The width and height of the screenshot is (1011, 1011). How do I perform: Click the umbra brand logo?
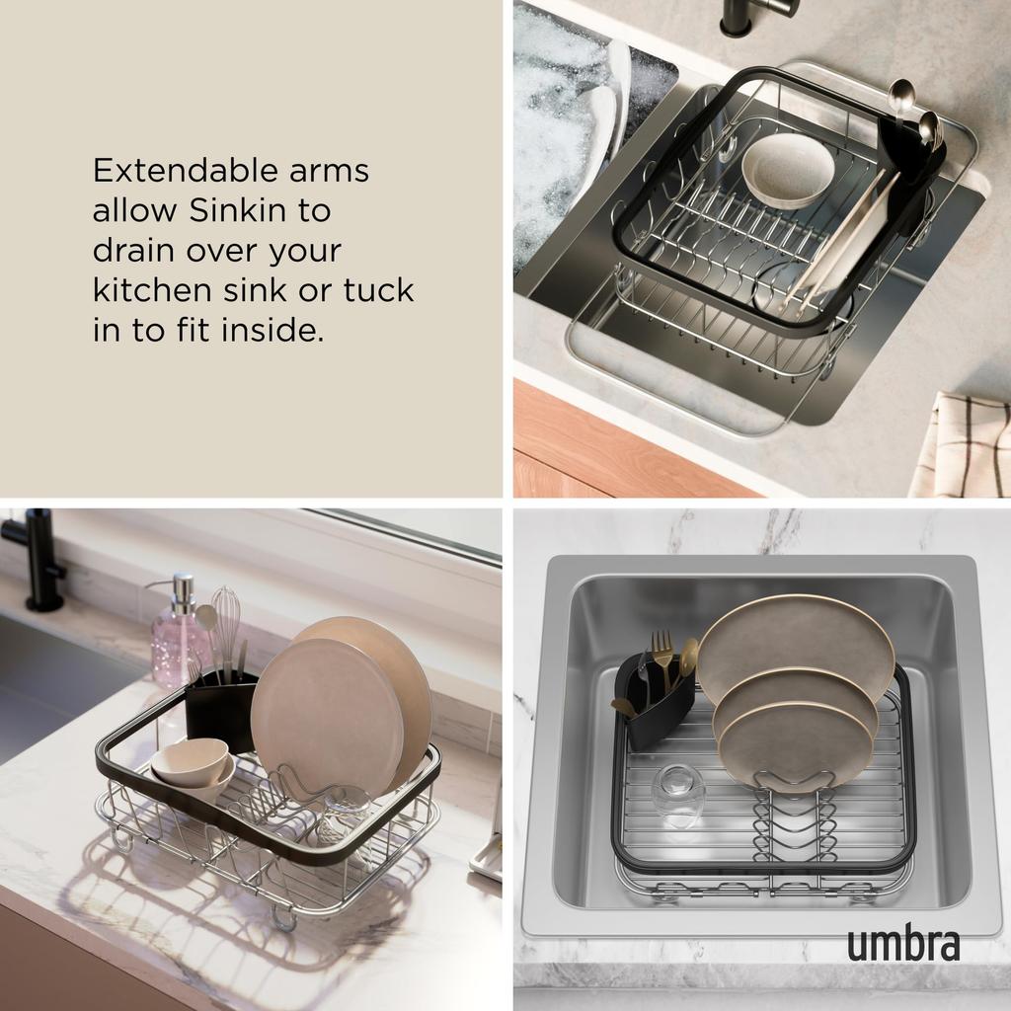click(x=902, y=943)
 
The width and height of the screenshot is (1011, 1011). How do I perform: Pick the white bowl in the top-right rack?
click(x=787, y=170)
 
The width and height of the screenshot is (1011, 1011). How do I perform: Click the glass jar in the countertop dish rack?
click(x=346, y=815)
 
